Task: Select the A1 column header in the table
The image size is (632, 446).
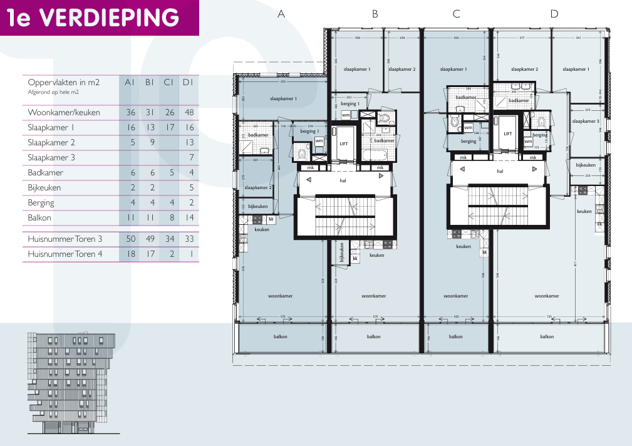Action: click(x=130, y=82)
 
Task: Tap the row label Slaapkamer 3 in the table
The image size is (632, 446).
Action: click(x=51, y=158)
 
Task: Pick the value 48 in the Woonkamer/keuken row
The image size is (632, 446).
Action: click(x=189, y=113)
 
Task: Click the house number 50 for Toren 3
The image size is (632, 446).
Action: click(x=130, y=239)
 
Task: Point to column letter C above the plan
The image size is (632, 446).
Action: click(x=456, y=14)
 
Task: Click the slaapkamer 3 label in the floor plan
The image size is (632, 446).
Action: click(x=585, y=121)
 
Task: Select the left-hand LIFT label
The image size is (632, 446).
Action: click(x=343, y=143)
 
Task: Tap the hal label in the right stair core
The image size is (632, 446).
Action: click(x=500, y=170)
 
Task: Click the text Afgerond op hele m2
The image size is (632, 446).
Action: click(x=53, y=92)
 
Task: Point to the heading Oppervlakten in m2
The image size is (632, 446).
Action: click(x=64, y=82)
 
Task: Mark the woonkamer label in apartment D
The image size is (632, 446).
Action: click(x=546, y=296)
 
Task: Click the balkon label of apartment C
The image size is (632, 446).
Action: click(x=456, y=336)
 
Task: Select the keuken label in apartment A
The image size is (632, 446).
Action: click(x=262, y=230)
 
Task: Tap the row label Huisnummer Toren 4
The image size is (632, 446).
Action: click(x=65, y=254)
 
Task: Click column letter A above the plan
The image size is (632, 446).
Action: click(x=281, y=14)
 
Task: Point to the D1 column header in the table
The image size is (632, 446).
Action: click(x=188, y=82)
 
